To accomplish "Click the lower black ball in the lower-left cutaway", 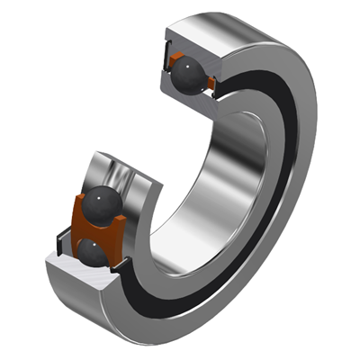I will [96, 255].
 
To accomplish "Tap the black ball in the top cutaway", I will [188, 74].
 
